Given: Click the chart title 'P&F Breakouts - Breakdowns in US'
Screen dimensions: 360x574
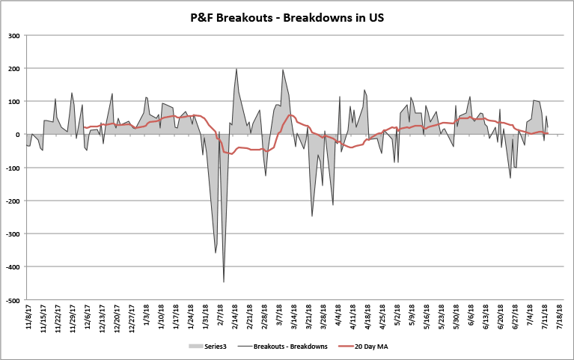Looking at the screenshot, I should click(287, 14).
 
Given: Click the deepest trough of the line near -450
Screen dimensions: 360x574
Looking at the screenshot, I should click(224, 281).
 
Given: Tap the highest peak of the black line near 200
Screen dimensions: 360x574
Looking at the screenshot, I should click(236, 69).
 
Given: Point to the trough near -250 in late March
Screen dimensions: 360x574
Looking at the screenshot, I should click(312, 216).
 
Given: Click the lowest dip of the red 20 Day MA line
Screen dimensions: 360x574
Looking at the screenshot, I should click(230, 153).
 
